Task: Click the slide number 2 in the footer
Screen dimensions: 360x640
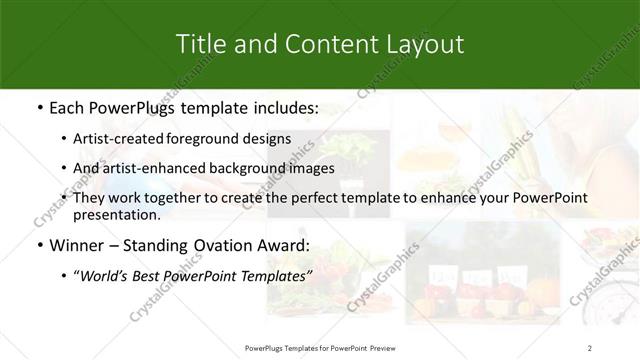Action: coord(590,347)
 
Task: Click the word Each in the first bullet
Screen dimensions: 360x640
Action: coord(65,108)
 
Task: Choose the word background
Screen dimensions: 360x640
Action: coord(244,169)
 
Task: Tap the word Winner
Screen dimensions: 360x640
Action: coord(72,246)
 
